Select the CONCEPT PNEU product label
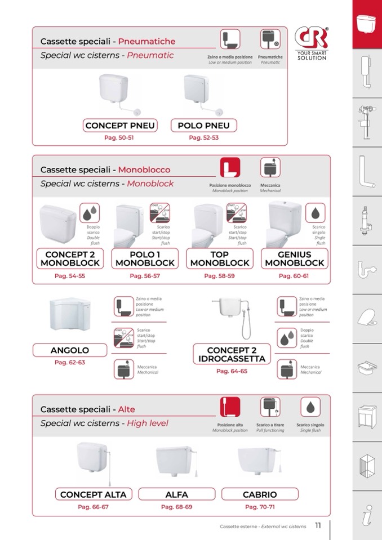120,126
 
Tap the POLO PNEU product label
203,126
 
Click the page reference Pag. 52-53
203,137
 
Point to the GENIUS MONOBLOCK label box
294,259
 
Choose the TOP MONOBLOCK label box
219,259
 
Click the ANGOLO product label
70,350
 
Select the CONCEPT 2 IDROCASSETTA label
231,355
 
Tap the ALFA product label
177,494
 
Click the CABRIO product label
260,494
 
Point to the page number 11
318,526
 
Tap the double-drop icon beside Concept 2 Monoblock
90,213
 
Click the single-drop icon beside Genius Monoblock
315,213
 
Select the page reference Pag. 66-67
94,507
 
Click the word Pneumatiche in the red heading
147,41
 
